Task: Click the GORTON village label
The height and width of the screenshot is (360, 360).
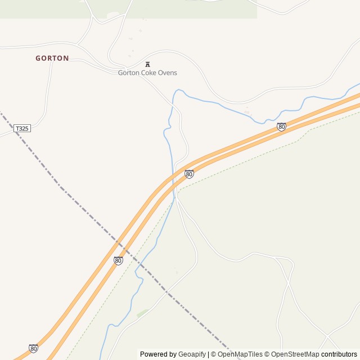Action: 52,58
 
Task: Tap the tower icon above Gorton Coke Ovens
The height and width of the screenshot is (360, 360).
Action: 147,64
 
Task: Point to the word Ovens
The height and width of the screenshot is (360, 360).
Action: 168,73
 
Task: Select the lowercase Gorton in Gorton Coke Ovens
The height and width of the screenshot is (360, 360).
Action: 129,73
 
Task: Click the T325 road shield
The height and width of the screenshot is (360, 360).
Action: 22,128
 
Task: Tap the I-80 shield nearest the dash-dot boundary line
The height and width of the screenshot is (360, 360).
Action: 118,260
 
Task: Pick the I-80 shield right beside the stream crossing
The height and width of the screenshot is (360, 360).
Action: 189,174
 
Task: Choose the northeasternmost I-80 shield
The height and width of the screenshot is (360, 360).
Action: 281,127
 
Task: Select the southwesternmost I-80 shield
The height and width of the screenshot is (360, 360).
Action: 33,348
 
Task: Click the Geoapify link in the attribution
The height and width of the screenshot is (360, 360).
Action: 192,354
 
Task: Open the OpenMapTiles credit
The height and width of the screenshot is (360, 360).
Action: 240,354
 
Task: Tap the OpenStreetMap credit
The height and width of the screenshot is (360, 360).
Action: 295,354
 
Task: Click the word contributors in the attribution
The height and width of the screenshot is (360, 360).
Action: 339,354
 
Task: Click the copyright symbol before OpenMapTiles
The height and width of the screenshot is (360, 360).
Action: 213,354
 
